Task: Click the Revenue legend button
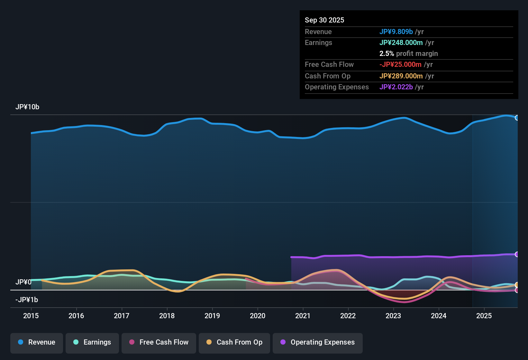click(37, 342)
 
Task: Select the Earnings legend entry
click(92, 342)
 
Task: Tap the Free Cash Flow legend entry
click(159, 342)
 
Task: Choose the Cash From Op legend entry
click(234, 342)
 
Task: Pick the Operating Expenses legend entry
click(318, 342)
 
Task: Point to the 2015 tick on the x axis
click(31, 316)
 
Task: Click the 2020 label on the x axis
click(258, 316)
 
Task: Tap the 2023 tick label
click(393, 316)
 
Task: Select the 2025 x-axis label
click(484, 316)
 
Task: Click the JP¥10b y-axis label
click(27, 107)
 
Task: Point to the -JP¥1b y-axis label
click(27, 300)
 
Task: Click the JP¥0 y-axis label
click(23, 282)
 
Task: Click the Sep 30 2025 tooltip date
click(324, 20)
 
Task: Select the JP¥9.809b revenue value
click(396, 32)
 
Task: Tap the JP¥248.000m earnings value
click(401, 42)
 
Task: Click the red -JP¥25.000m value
click(400, 64)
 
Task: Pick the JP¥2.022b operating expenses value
click(396, 87)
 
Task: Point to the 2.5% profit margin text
click(408, 53)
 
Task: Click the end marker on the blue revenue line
click(517, 118)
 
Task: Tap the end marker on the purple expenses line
click(517, 254)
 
